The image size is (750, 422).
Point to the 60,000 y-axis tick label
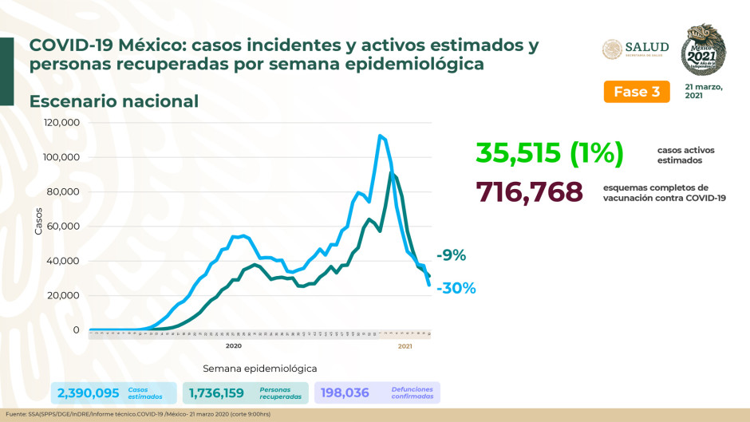click(63, 227)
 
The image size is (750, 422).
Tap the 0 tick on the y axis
click(76, 330)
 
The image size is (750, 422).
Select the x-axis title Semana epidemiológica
click(259, 369)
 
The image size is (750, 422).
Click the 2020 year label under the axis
click(234, 346)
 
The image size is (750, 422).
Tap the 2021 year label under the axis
click(405, 346)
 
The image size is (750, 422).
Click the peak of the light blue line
click(380, 136)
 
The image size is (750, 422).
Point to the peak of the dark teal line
click(391, 173)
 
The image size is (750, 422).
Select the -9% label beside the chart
click(451, 256)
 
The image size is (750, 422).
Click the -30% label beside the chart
click(456, 288)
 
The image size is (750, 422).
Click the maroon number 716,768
click(530, 192)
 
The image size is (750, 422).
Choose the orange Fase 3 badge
click(636, 92)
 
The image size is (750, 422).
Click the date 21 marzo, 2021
click(703, 91)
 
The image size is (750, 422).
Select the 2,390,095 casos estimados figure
click(88, 392)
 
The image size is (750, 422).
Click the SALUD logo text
click(647, 48)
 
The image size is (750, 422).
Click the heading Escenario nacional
click(114, 101)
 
